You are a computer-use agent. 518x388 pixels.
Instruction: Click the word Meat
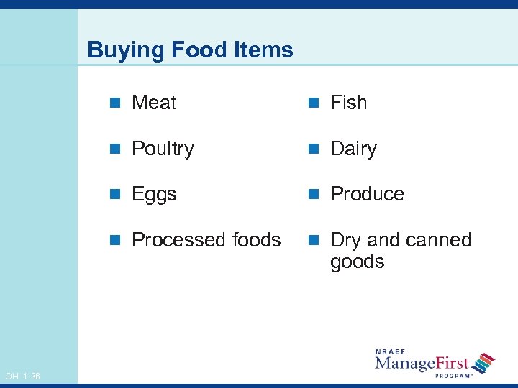click(x=154, y=103)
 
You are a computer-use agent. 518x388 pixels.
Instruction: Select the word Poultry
click(x=163, y=149)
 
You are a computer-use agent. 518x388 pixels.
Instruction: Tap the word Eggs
click(x=154, y=194)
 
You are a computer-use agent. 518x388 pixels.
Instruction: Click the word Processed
click(x=170, y=240)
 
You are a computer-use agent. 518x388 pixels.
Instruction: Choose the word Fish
click(x=348, y=103)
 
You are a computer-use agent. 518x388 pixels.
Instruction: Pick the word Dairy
click(x=353, y=149)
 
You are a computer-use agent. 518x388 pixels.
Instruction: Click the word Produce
click(x=367, y=194)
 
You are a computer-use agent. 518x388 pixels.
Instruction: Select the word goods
click(x=358, y=262)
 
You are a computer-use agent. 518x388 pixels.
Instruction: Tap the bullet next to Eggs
click(x=114, y=195)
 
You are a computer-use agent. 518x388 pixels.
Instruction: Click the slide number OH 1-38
click(x=22, y=377)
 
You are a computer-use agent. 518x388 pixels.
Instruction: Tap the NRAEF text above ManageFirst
click(x=391, y=351)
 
